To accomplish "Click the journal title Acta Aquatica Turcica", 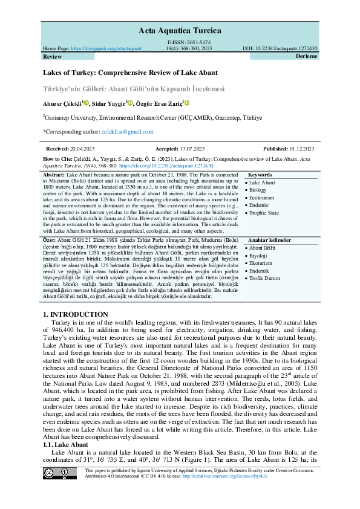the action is pos(180,29).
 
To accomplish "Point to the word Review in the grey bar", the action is pos(53,56).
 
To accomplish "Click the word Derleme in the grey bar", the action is pos(306,56).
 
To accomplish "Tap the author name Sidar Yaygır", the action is pos(109,103).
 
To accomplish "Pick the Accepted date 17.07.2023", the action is pos(192,149).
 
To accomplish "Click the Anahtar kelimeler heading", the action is pos(269,240).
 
